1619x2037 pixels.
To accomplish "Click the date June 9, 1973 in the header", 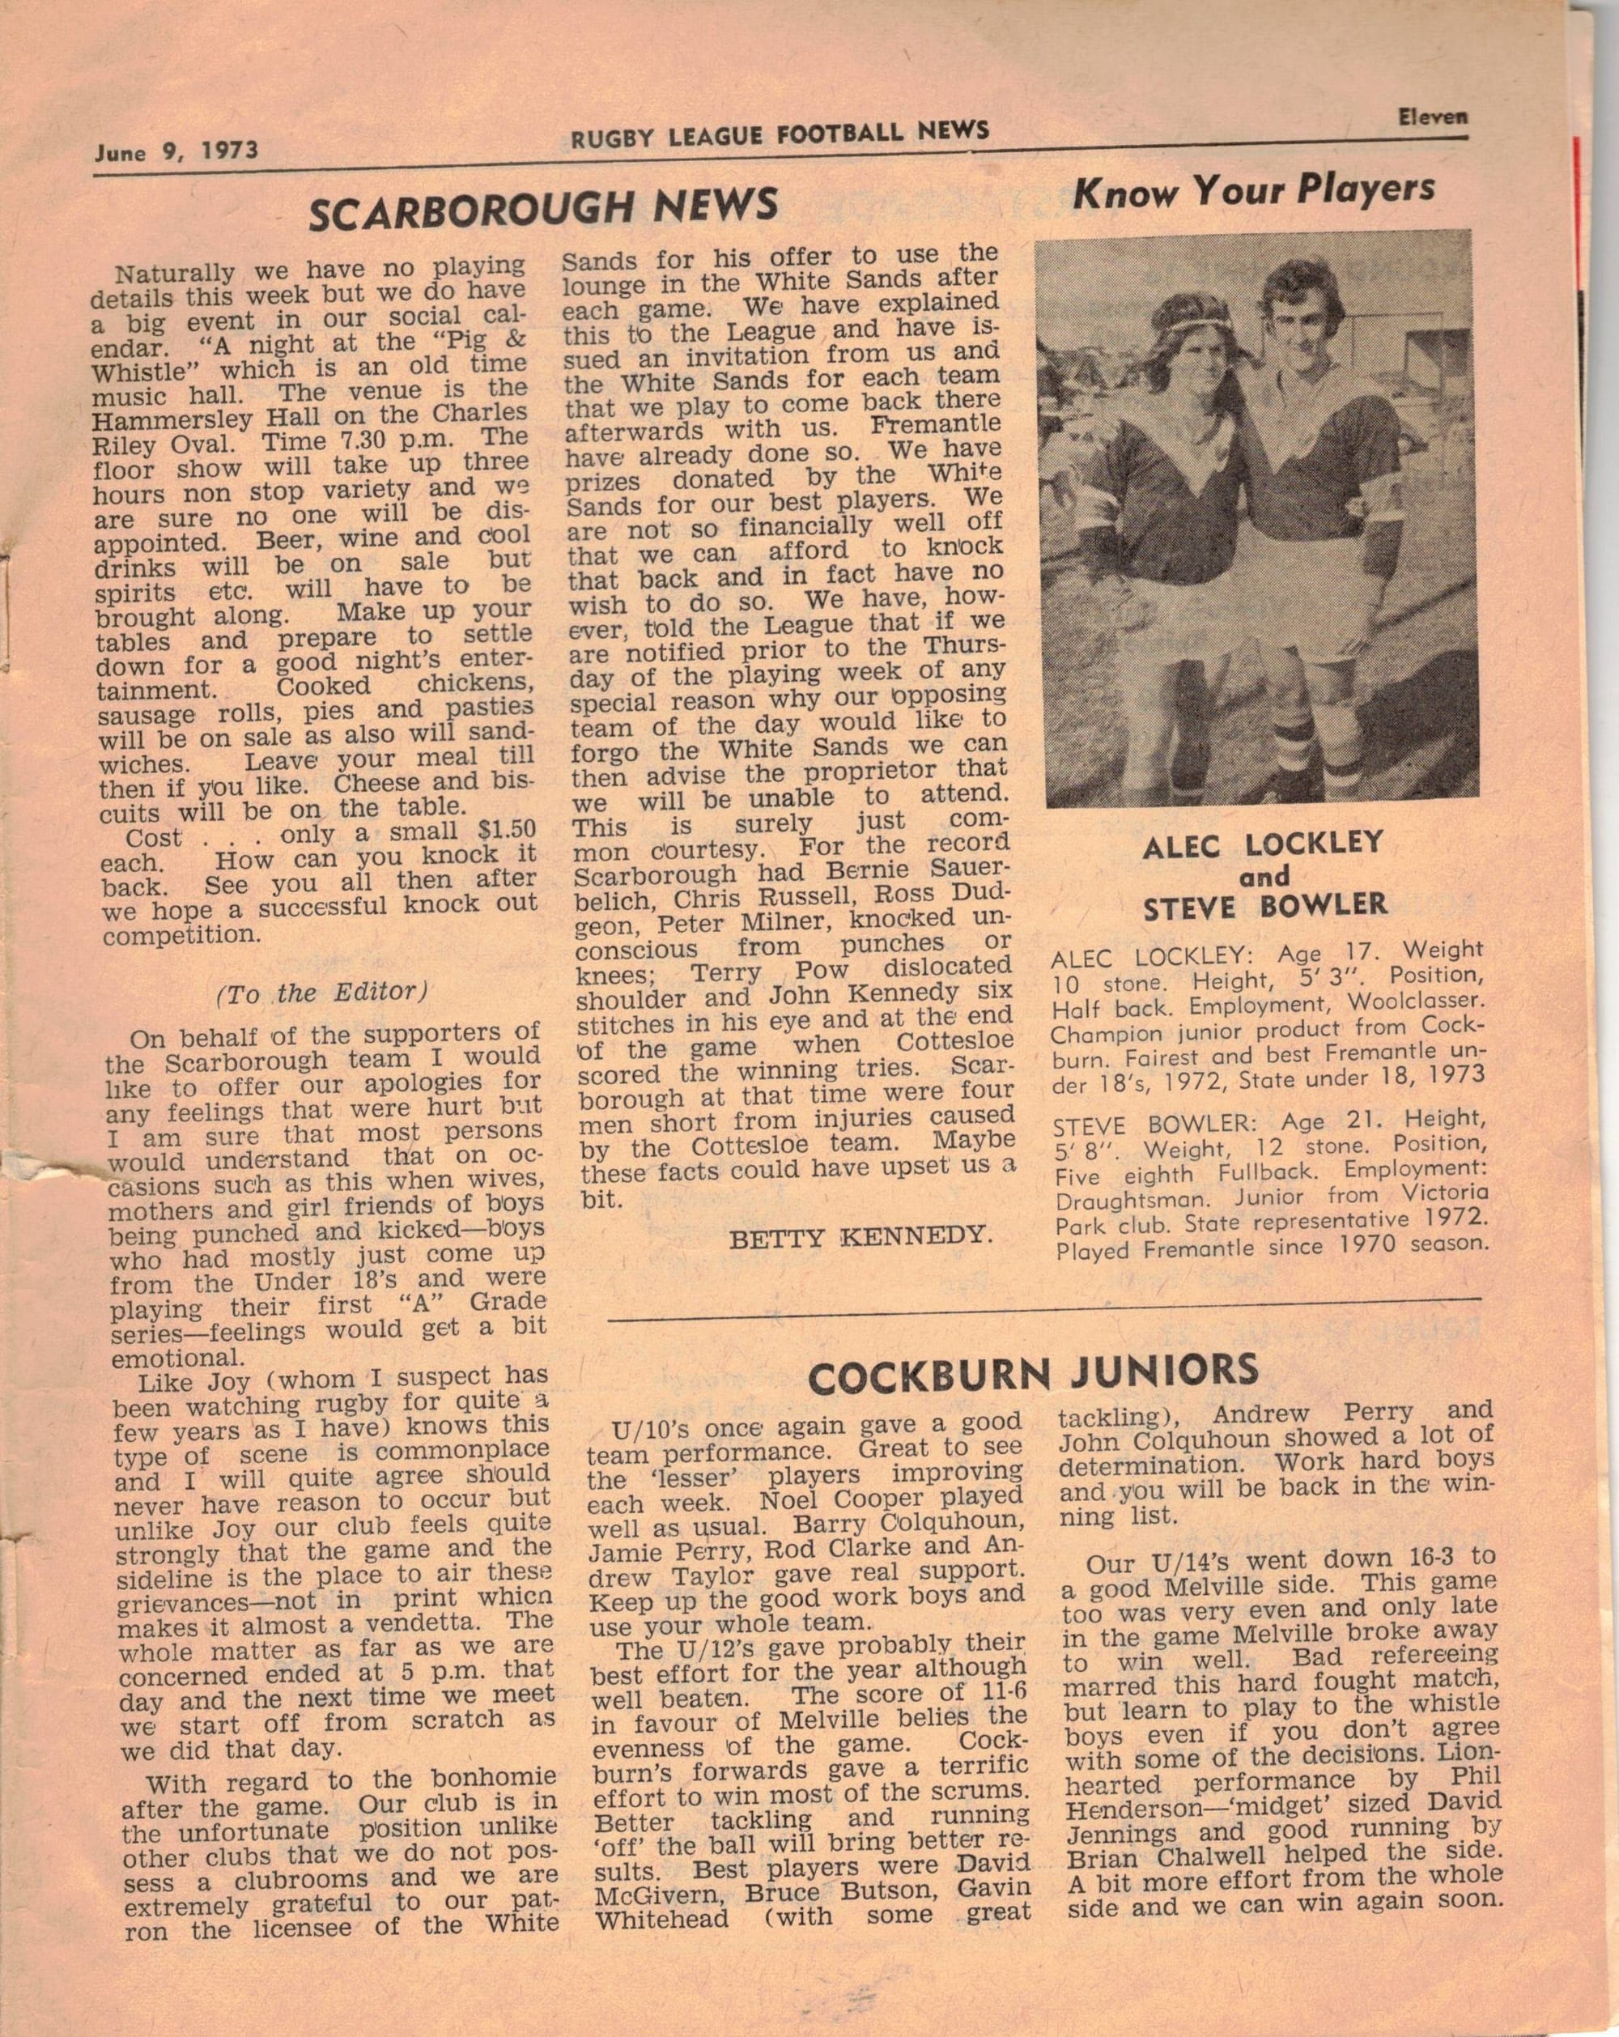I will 176,152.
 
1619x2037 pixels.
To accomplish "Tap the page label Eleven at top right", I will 1433,117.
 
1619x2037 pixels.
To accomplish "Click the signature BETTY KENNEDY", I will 860,1237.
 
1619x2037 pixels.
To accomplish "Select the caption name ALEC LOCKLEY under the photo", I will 1263,843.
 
